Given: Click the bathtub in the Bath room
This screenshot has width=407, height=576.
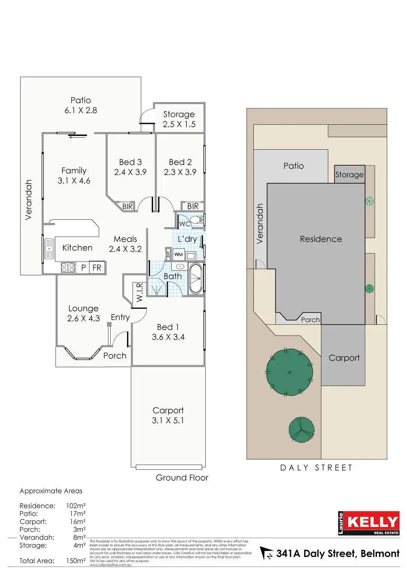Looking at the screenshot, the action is click(x=196, y=279).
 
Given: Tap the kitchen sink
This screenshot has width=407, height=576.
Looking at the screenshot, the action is click(x=49, y=249).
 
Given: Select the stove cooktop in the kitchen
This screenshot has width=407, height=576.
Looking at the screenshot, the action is click(x=68, y=267).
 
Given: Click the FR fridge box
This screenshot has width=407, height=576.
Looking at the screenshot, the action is click(x=97, y=268).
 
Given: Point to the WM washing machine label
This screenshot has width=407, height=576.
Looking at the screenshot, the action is click(x=179, y=254).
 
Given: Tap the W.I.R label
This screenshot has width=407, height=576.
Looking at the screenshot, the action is click(x=139, y=292).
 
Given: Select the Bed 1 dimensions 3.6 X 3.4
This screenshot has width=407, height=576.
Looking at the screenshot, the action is click(x=168, y=337).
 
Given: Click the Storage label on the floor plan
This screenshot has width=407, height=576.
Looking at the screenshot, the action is click(x=179, y=114).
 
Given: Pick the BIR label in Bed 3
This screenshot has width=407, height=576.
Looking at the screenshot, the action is click(x=127, y=206).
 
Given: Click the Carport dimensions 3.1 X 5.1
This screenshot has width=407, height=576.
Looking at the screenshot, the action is click(x=168, y=421).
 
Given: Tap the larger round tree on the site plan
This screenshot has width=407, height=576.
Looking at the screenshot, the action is click(x=290, y=372).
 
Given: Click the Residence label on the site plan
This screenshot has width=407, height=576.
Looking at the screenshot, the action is click(x=321, y=239).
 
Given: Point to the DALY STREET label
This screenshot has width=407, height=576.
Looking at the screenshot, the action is click(x=316, y=468).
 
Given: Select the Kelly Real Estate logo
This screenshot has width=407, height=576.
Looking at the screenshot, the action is click(x=369, y=523).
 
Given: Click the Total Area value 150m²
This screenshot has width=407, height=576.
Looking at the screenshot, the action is click(x=76, y=561).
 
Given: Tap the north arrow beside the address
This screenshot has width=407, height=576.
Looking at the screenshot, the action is click(x=266, y=553).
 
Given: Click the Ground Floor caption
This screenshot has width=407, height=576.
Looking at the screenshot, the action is click(x=182, y=477).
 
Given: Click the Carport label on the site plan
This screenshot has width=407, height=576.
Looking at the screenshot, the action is click(x=344, y=358).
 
